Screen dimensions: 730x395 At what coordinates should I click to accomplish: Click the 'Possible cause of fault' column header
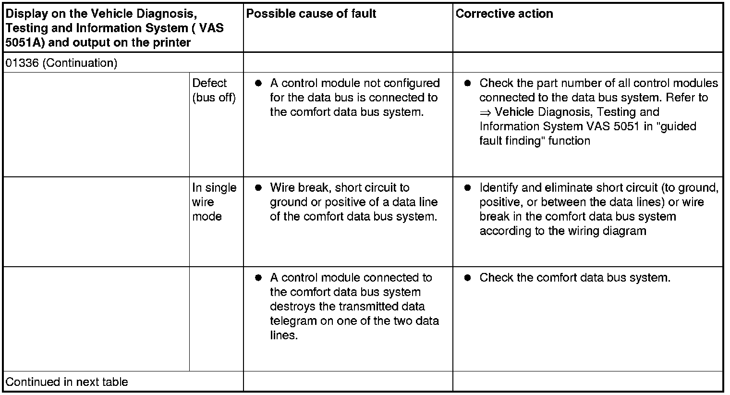click(x=311, y=13)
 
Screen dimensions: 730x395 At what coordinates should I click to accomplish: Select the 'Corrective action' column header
click(x=504, y=13)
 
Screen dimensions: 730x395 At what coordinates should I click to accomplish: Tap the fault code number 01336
click(x=22, y=63)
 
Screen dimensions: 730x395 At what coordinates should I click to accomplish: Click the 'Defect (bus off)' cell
click(x=214, y=90)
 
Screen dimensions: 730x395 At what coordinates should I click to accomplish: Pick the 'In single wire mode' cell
click(x=214, y=202)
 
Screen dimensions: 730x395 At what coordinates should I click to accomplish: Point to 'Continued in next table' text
click(x=67, y=382)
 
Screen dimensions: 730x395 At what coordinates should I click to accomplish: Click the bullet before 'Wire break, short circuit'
click(x=258, y=188)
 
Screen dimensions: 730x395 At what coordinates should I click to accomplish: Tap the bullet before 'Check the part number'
click(x=467, y=83)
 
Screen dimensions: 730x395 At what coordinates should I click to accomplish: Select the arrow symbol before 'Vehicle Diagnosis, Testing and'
click(x=485, y=112)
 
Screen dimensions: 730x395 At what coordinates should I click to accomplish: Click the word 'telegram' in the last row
click(x=293, y=321)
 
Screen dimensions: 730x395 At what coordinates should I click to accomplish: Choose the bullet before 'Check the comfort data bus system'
click(x=467, y=278)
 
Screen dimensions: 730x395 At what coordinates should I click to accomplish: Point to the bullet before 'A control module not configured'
click(x=258, y=83)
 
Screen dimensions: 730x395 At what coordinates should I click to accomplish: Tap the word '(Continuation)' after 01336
click(x=80, y=63)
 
